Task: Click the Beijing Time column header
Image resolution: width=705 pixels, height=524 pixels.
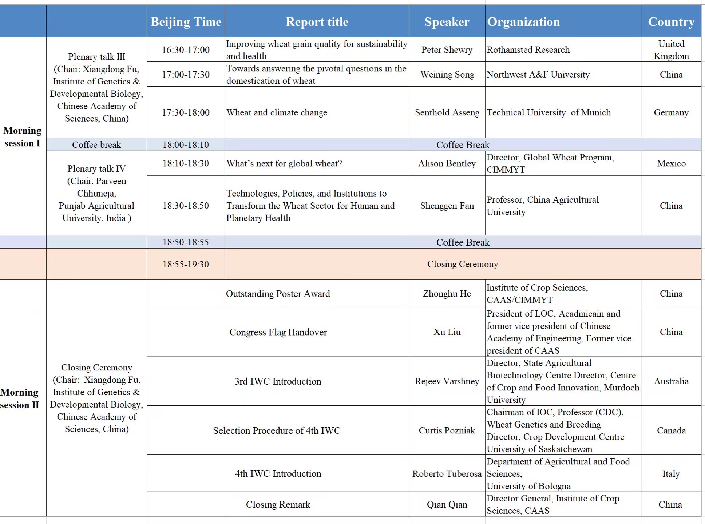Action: click(186, 22)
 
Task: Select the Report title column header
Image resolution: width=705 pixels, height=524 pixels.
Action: click(317, 22)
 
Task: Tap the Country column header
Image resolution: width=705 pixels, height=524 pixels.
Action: click(671, 22)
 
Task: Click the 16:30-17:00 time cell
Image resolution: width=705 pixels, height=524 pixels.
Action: click(186, 50)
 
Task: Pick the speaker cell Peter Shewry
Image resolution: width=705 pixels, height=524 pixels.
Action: click(447, 50)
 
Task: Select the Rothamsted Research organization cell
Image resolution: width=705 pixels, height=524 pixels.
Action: click(528, 50)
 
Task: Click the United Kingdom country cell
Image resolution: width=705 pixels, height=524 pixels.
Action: click(671, 50)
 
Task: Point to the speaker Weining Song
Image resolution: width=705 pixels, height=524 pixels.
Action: click(447, 75)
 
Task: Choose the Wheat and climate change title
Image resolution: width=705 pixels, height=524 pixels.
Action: click(277, 112)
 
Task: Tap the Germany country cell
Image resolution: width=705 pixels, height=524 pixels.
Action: click(671, 112)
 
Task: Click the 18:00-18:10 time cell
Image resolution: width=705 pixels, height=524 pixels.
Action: click(186, 145)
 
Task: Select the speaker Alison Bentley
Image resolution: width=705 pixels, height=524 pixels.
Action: click(447, 164)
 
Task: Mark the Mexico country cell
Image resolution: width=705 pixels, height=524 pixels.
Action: click(671, 164)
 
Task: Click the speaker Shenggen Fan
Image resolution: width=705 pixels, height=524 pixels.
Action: click(447, 206)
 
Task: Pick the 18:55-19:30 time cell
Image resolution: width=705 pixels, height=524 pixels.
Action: click(186, 264)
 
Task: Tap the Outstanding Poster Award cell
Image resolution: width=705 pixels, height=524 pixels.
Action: click(278, 294)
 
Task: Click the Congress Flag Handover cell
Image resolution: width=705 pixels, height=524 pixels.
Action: click(278, 332)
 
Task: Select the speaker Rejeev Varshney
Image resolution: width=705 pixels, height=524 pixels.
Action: click(447, 381)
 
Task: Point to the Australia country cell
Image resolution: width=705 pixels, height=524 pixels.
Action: click(671, 381)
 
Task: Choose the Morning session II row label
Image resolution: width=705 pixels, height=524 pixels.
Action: click(20, 398)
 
